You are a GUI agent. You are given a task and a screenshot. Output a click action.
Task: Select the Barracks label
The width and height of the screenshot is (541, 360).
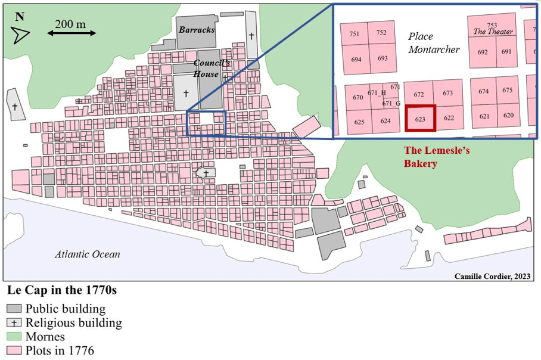click(x=197, y=29)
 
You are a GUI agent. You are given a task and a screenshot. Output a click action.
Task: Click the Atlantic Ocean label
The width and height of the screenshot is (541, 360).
click(x=88, y=254)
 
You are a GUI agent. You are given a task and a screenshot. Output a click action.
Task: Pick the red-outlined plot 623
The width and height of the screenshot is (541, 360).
click(x=420, y=117)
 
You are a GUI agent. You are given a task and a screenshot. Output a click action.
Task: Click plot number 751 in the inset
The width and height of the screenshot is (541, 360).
click(x=355, y=34)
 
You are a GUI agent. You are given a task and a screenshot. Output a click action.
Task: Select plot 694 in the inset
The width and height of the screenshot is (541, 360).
click(x=356, y=59)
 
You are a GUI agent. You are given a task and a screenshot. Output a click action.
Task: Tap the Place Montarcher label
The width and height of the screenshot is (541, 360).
click(x=434, y=44)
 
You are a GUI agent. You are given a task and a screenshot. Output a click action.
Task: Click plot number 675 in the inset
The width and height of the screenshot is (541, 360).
click(x=508, y=90)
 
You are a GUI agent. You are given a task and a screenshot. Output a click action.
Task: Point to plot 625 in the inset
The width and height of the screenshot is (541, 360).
click(x=359, y=122)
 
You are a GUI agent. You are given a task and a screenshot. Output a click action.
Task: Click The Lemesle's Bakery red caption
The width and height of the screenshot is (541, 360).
click(x=437, y=157)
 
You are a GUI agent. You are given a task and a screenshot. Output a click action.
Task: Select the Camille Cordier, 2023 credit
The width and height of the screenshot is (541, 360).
click(x=492, y=276)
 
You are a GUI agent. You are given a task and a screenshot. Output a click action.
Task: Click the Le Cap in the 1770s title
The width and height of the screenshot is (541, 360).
click(x=62, y=291)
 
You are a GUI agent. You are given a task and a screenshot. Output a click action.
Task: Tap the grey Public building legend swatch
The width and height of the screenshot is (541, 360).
click(x=14, y=309)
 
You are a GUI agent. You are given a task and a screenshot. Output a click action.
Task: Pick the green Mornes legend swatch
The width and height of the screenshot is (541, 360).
click(x=14, y=337)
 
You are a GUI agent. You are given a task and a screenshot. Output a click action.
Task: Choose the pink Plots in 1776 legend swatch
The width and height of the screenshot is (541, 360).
click(x=14, y=350)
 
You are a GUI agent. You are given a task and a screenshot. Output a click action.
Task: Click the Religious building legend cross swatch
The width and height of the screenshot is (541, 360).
click(x=14, y=322)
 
